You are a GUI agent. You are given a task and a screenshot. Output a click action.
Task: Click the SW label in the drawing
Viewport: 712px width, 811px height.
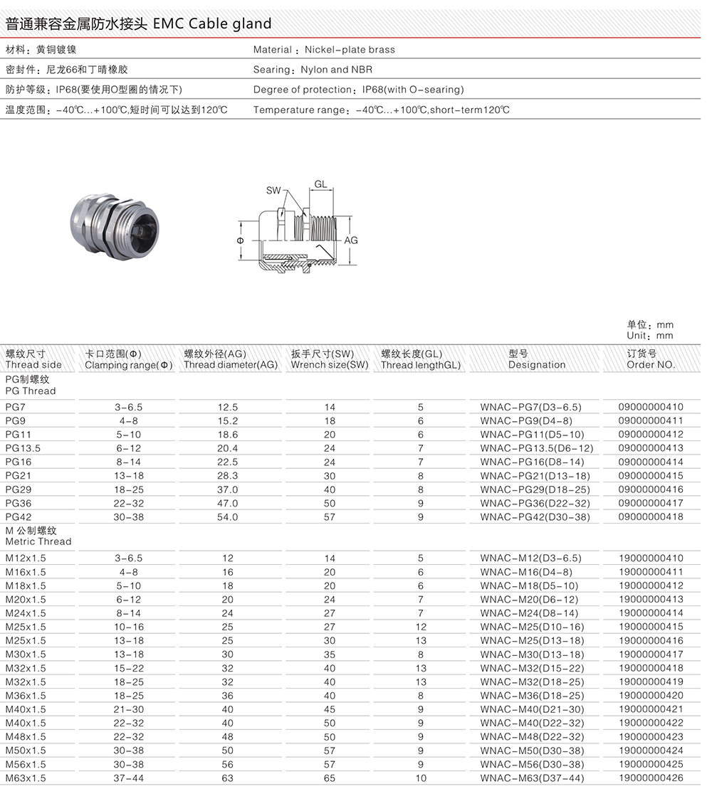tap(273, 190)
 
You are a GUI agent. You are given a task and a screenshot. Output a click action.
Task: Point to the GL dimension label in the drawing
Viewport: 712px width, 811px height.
tap(320, 184)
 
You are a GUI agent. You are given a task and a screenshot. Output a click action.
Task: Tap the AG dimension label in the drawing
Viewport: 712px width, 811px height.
tap(351, 240)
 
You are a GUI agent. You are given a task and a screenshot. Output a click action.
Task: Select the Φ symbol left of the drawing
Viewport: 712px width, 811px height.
tap(240, 240)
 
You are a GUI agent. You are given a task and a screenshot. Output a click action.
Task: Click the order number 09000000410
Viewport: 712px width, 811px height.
tap(650, 407)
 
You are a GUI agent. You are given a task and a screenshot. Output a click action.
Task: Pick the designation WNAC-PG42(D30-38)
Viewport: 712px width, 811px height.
tap(535, 517)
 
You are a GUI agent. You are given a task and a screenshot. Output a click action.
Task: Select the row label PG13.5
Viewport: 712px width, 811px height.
tap(23, 448)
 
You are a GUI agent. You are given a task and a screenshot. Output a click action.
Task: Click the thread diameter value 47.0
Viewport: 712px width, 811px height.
tap(227, 503)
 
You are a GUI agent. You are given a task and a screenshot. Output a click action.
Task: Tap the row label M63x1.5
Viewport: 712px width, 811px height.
tap(26, 778)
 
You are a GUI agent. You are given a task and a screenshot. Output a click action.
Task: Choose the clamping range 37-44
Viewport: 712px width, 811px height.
tap(128, 778)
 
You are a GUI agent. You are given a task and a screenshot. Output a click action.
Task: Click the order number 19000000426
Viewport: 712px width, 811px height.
tap(650, 778)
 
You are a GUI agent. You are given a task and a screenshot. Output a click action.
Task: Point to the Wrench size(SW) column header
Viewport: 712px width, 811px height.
tap(330, 365)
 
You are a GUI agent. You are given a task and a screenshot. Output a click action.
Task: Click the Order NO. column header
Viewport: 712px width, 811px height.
tap(650, 365)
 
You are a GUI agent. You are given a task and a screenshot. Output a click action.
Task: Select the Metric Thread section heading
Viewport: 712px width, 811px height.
tap(38, 541)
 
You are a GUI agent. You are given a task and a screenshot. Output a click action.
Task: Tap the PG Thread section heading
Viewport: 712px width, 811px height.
tap(30, 391)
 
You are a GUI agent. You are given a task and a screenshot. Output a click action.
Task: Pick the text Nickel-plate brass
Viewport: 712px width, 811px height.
tap(350, 50)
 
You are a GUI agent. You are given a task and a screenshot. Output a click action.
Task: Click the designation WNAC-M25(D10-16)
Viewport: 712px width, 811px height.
tap(532, 627)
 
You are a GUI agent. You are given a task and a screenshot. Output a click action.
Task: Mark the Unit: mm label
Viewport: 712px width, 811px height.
tap(649, 335)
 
